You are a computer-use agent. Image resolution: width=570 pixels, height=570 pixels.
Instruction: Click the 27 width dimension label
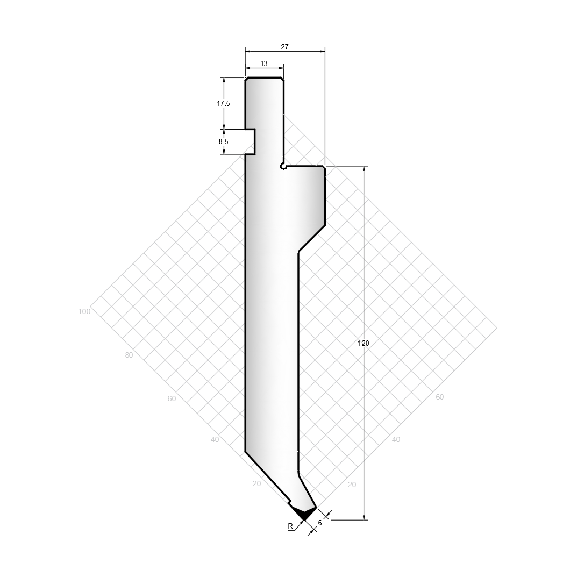click(284, 47)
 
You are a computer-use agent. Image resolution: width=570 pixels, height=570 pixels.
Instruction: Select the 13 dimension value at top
click(264, 63)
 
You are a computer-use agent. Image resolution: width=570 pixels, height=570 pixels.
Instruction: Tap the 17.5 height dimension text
click(223, 104)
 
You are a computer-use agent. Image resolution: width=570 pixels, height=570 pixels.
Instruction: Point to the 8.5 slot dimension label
click(223, 142)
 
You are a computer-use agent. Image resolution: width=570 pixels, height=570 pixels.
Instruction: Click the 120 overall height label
click(364, 343)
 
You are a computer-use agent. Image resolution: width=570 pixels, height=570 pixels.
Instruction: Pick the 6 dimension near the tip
click(320, 523)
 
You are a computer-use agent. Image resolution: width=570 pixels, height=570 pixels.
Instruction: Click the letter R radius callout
click(290, 526)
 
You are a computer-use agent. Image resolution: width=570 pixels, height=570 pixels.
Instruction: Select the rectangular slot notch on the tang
click(250, 142)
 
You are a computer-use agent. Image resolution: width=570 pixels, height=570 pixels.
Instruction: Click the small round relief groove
click(283, 167)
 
